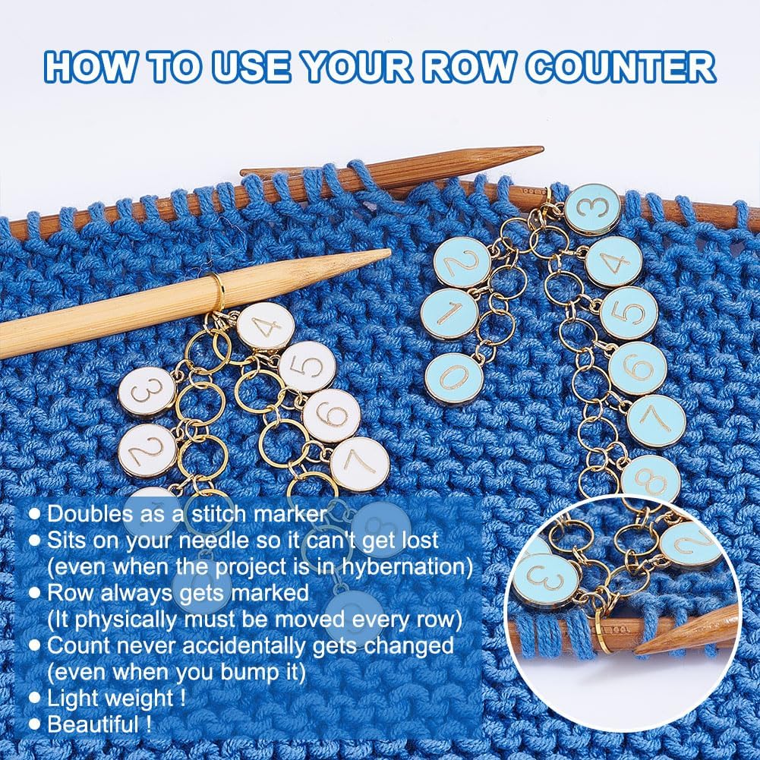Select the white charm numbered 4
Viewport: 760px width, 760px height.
[265, 326]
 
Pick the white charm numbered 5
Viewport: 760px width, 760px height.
[306, 367]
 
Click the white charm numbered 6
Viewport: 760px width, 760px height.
[331, 415]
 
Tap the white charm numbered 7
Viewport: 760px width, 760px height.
[359, 463]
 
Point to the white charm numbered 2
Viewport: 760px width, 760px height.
[148, 450]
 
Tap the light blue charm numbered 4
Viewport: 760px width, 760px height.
[613, 262]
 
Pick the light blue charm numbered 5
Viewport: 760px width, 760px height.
[629, 313]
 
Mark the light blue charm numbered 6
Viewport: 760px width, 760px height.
[638, 368]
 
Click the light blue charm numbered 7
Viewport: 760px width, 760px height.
[656, 421]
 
